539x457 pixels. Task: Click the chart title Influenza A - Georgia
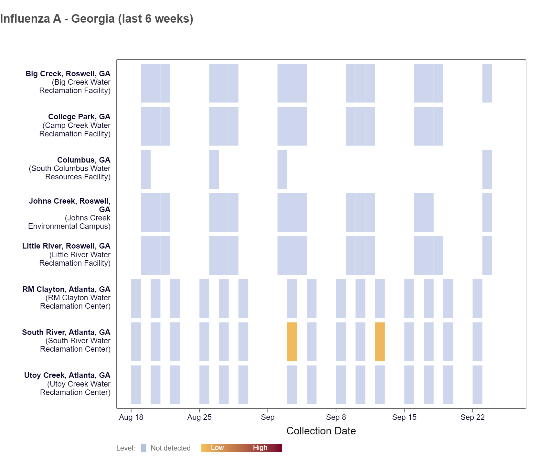click(x=97, y=19)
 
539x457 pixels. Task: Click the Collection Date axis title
click(x=321, y=431)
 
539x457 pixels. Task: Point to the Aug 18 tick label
click(x=131, y=417)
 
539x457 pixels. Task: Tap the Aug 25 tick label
click(x=199, y=417)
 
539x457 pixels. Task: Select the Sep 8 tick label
click(x=336, y=417)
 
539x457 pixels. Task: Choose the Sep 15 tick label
click(x=404, y=417)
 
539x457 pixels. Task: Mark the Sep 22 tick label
click(x=472, y=417)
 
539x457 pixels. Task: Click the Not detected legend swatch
click(x=143, y=448)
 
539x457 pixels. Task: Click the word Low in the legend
click(x=217, y=448)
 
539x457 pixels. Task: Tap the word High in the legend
click(x=260, y=448)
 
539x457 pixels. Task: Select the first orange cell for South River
click(x=292, y=342)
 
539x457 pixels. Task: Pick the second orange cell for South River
click(x=380, y=342)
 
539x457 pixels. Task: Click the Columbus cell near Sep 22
click(x=487, y=169)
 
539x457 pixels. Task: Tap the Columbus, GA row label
click(x=84, y=160)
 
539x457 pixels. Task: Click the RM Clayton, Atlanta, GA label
click(x=66, y=289)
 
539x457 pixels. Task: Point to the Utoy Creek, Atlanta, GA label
click(x=67, y=375)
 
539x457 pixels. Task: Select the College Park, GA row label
click(x=79, y=117)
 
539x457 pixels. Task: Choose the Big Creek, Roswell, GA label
click(x=68, y=74)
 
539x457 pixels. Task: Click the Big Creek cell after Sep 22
click(x=487, y=83)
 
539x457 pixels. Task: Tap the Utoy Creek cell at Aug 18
click(x=136, y=385)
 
